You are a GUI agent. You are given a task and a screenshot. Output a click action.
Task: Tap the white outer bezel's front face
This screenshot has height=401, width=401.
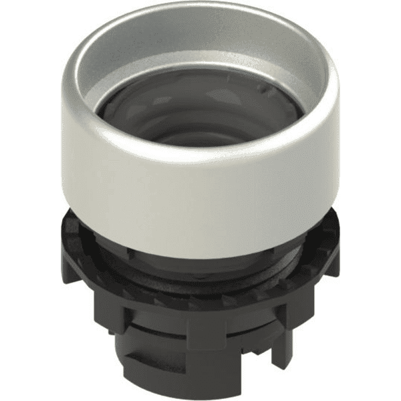point(200,194)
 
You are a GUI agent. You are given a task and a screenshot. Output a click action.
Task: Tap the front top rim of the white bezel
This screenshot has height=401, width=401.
point(200,155)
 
